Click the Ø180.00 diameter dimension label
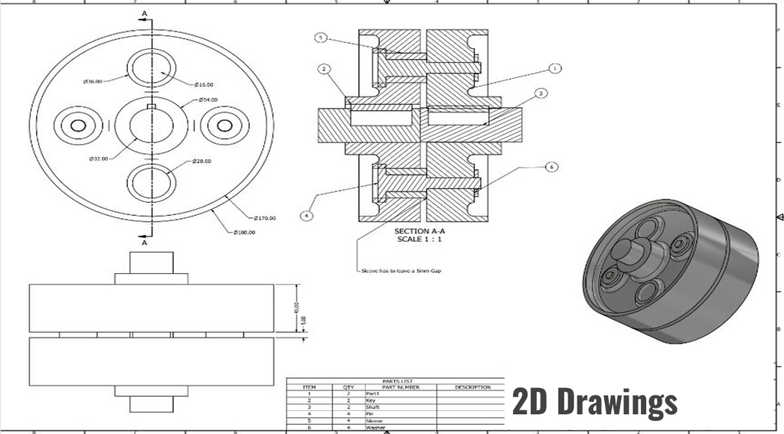(x=244, y=232)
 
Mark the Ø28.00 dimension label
(x=202, y=161)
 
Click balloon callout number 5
(x=321, y=38)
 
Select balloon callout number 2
(x=325, y=70)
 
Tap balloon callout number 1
(x=555, y=68)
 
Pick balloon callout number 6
(x=549, y=166)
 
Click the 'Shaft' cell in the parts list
(x=373, y=407)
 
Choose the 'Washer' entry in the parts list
(x=375, y=428)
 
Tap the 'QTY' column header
(x=349, y=387)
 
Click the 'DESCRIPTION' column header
(x=472, y=387)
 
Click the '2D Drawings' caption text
(x=594, y=401)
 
